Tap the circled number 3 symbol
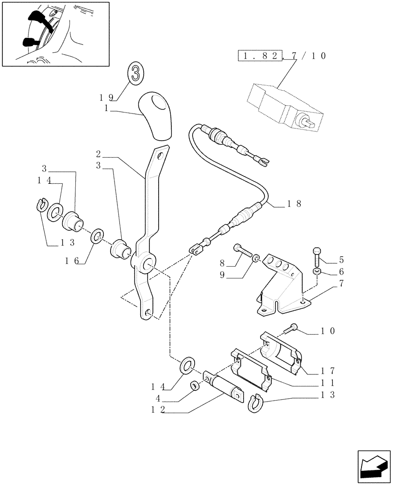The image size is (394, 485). tap(136, 74)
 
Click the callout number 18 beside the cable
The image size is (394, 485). tap(295, 204)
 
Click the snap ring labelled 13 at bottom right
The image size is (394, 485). tap(255, 403)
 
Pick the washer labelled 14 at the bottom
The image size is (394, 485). tap(187, 366)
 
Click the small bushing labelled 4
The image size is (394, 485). tap(194, 386)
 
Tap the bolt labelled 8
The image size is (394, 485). tap(243, 251)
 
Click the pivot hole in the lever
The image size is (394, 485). tap(148, 265)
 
